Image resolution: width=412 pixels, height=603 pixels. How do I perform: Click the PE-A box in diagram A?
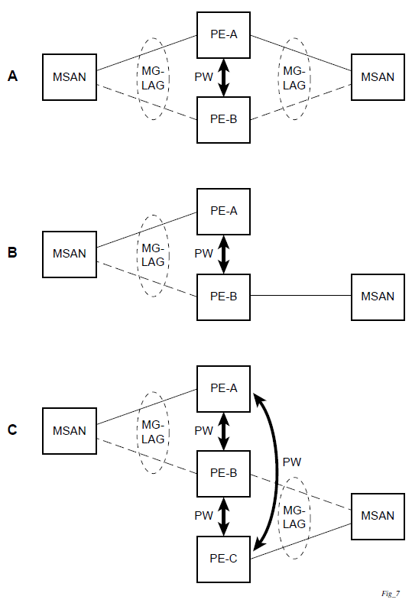tap(223, 35)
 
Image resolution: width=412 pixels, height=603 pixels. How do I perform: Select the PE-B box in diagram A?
tap(223, 120)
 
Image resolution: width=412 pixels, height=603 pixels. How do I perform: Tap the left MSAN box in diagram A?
tap(70, 77)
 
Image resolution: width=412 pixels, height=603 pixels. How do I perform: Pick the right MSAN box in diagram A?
tap(378, 77)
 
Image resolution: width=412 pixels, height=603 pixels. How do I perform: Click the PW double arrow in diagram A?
tap(223, 78)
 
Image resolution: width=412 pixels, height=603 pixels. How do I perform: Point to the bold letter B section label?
tap(12, 252)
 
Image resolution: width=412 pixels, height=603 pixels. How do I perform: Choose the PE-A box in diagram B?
tap(223, 212)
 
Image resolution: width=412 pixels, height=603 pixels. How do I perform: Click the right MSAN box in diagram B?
tap(378, 297)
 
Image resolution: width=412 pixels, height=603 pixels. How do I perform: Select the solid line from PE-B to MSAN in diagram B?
tap(301, 296)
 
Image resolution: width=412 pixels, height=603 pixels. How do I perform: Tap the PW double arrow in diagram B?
tap(223, 254)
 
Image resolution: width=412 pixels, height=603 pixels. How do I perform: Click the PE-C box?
tap(223, 559)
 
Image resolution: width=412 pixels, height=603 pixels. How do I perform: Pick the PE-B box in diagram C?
tap(223, 474)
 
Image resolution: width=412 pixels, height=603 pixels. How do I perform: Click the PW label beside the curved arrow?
tap(292, 462)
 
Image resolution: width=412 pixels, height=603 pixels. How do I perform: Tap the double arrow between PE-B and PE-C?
tap(223, 517)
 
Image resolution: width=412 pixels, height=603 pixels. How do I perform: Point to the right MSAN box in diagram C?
tap(378, 517)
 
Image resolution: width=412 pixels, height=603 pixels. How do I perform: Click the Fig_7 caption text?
tap(391, 594)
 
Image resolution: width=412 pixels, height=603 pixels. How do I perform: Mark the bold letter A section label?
tap(12, 76)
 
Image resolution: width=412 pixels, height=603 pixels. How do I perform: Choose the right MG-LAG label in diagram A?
tap(294, 78)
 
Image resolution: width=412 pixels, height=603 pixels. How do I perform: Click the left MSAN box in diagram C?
tap(70, 431)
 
